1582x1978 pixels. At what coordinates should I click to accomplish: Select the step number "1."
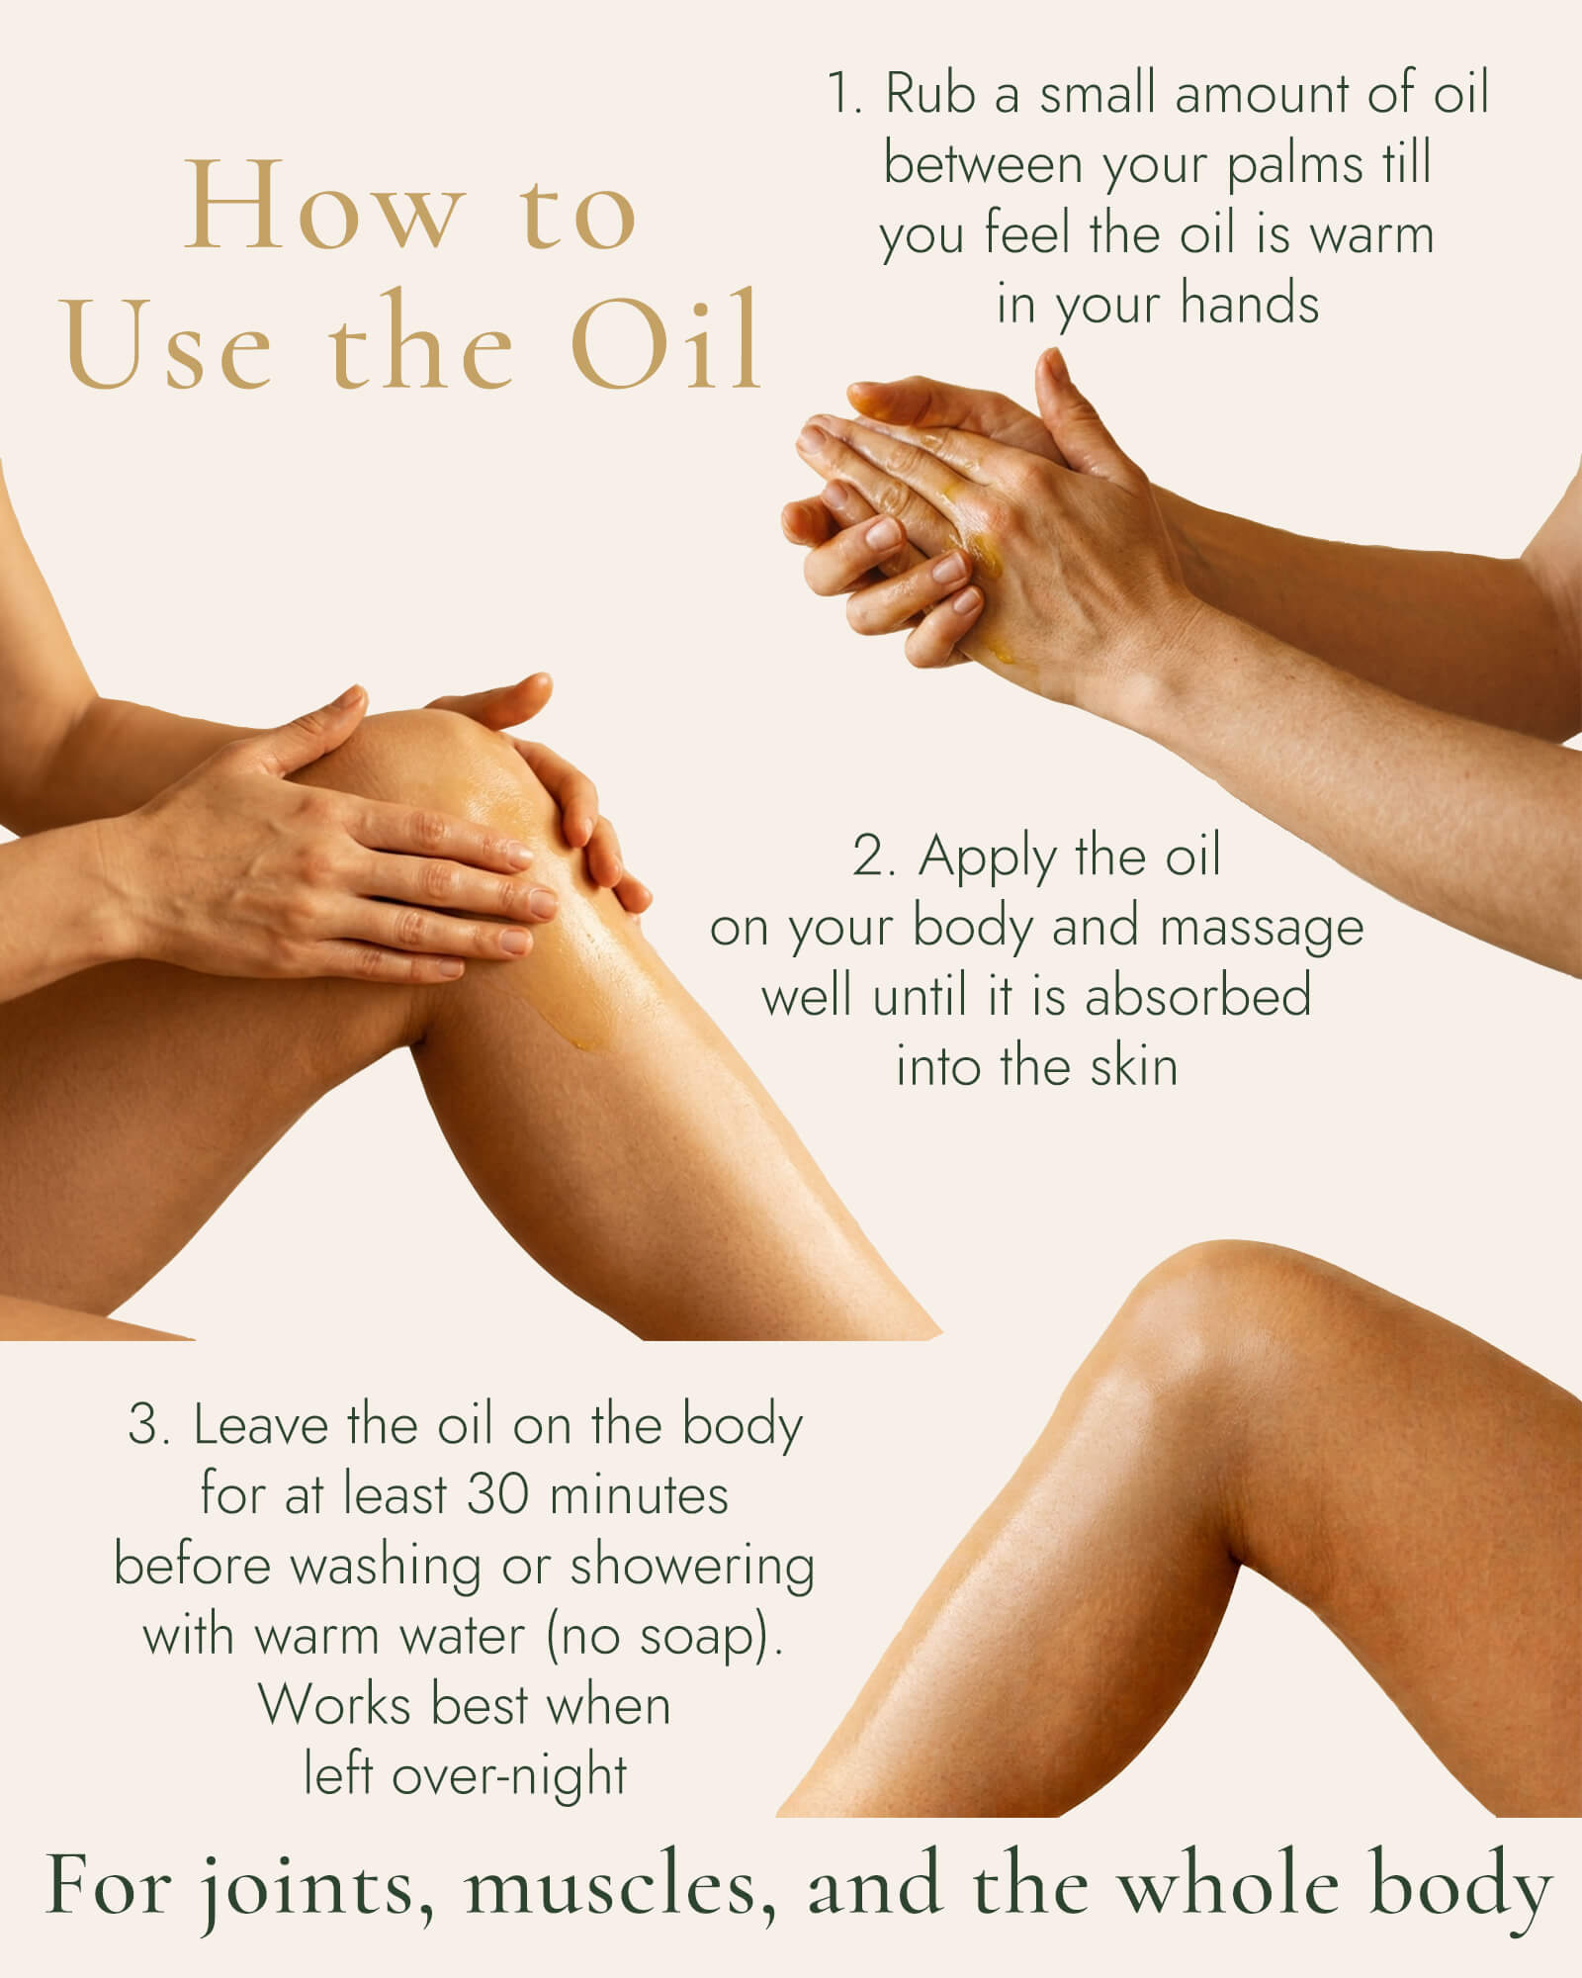point(845,94)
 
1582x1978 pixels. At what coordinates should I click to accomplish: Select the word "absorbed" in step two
point(1198,996)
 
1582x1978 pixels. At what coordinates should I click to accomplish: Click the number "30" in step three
point(497,1494)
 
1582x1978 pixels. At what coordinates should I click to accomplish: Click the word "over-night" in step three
point(509,1777)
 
